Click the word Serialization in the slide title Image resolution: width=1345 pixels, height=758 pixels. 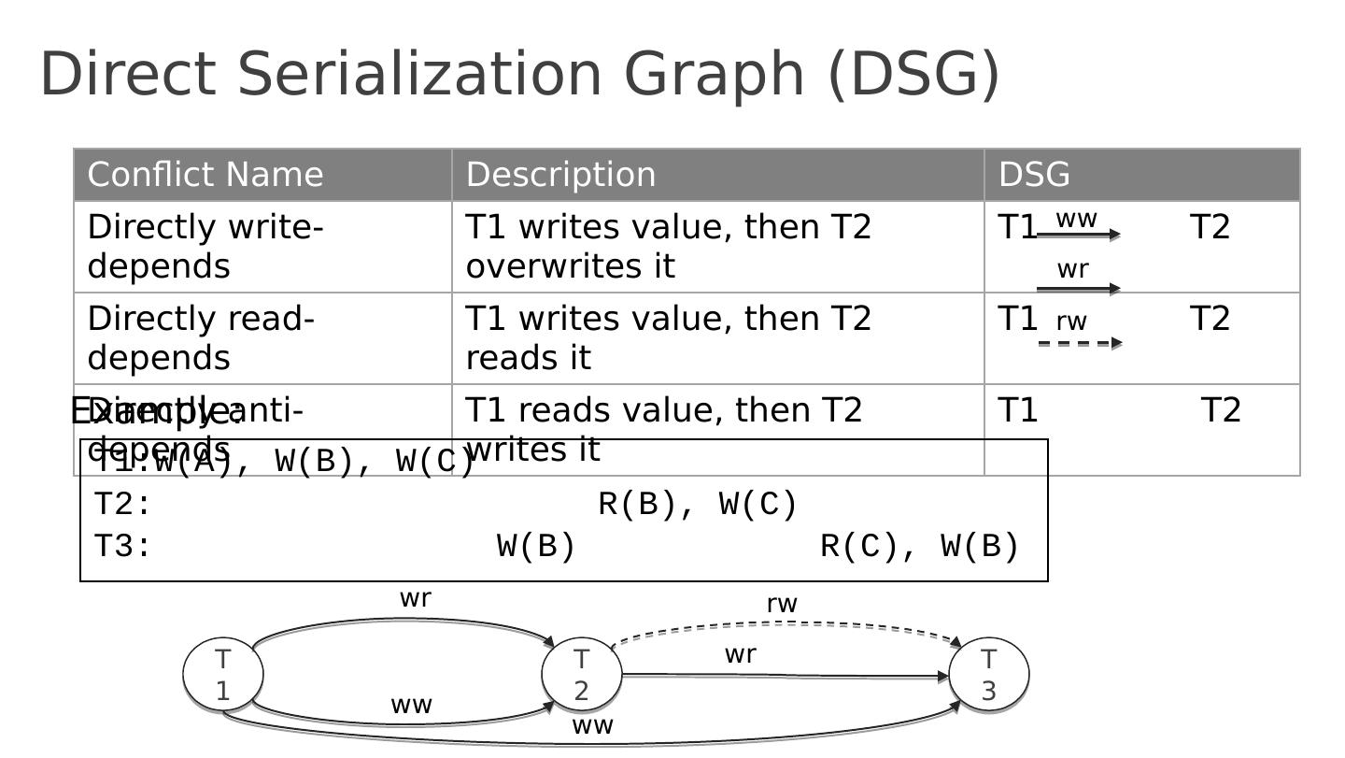(x=419, y=74)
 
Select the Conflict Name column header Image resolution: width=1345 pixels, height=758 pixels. (x=205, y=175)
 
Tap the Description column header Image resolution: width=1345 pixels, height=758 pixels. (x=560, y=175)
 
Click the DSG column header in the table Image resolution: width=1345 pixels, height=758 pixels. (x=1034, y=175)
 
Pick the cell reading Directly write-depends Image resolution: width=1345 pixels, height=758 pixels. (x=205, y=247)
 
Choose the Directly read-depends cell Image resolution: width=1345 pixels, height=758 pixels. (x=202, y=338)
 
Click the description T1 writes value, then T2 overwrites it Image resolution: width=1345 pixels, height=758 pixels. (x=668, y=247)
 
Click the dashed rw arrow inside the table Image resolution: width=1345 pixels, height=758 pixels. (x=1079, y=343)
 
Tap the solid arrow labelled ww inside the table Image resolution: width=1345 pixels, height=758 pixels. (x=1078, y=235)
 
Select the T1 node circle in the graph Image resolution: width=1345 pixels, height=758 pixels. (x=223, y=674)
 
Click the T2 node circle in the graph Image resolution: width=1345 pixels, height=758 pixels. (x=582, y=674)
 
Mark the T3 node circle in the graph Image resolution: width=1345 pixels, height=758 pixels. (x=989, y=674)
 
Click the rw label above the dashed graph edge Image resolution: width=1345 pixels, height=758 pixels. (x=782, y=605)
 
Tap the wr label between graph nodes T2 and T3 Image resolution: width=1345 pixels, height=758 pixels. (x=740, y=655)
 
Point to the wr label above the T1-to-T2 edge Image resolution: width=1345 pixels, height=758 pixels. (x=415, y=599)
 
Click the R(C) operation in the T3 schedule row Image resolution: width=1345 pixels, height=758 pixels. (x=859, y=546)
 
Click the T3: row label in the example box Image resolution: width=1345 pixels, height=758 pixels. (x=122, y=546)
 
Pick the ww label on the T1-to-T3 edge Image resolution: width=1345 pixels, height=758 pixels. (x=592, y=725)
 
